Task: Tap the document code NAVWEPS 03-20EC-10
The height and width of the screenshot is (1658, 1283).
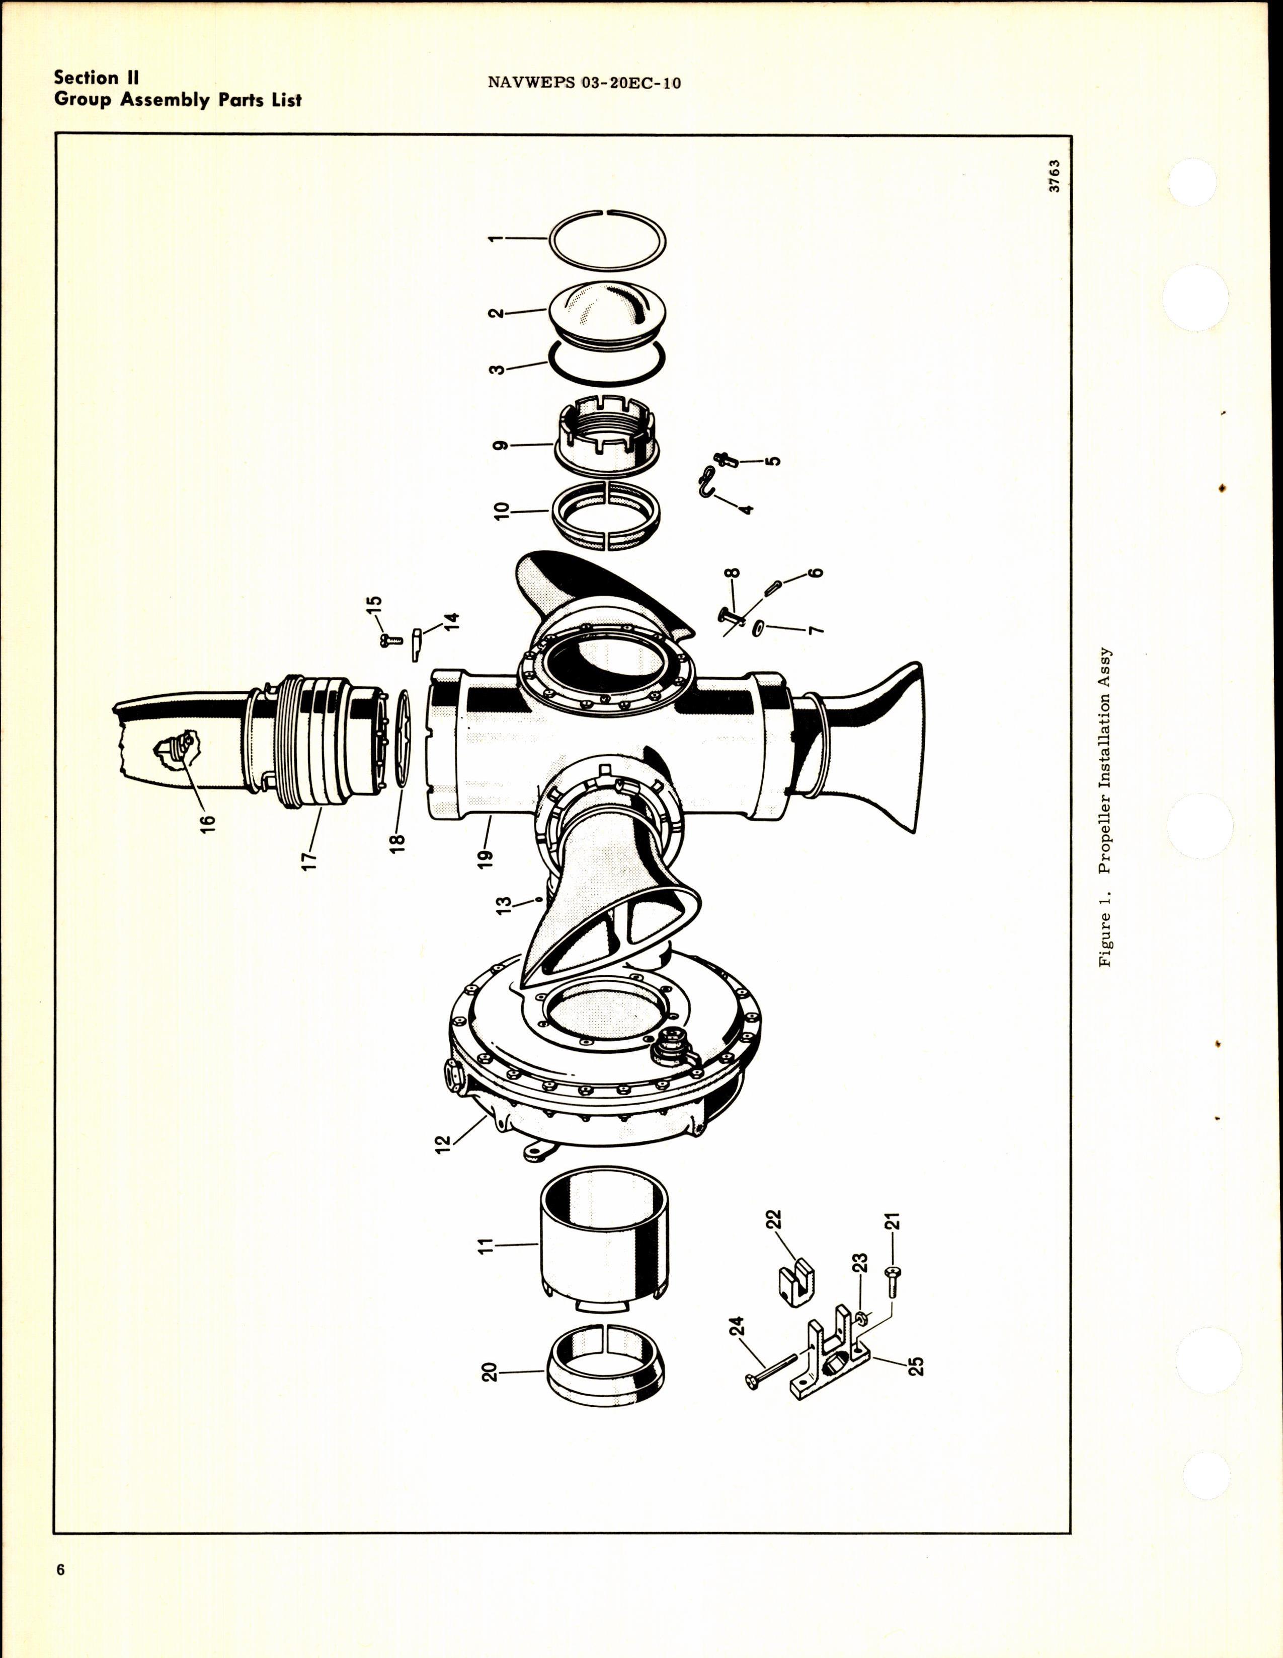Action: point(584,83)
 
